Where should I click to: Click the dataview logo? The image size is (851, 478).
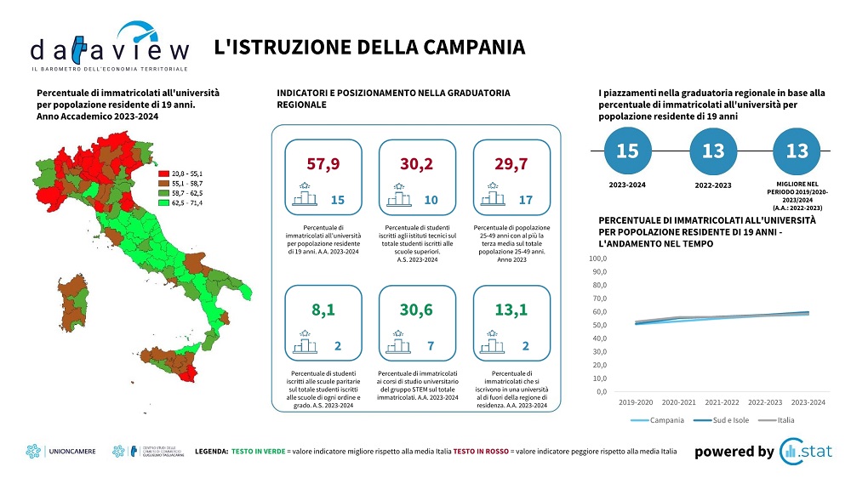click(109, 47)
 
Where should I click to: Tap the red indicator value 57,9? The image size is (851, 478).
click(323, 163)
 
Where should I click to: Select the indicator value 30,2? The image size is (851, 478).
click(417, 163)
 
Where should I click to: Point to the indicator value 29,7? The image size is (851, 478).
click(511, 163)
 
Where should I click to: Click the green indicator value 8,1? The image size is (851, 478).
click(323, 310)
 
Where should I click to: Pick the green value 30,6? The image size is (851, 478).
click(417, 310)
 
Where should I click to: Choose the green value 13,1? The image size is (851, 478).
click(511, 310)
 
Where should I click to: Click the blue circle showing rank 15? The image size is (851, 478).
click(627, 152)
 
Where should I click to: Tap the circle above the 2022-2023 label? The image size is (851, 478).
click(712, 152)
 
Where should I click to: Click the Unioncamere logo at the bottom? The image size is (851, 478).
click(64, 452)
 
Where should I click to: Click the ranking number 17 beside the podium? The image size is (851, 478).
click(525, 200)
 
